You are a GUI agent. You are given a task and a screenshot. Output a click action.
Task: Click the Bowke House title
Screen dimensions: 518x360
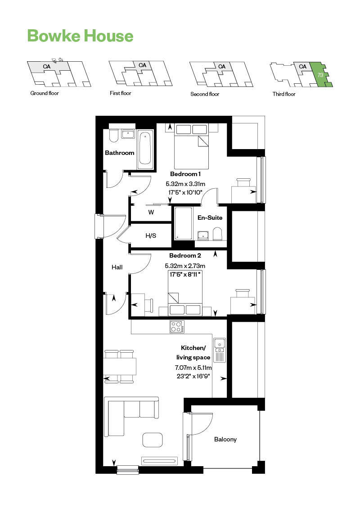(x=80, y=36)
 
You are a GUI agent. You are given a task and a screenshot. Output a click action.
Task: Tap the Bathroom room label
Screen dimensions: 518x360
(x=120, y=153)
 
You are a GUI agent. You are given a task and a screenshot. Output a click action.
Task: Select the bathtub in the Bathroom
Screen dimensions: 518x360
(x=145, y=148)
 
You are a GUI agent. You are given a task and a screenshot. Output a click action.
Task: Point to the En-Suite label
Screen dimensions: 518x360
(x=210, y=218)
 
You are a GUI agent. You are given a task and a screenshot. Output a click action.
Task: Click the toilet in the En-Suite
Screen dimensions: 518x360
(x=217, y=234)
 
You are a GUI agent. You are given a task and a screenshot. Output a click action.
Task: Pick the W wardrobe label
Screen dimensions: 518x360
(x=151, y=212)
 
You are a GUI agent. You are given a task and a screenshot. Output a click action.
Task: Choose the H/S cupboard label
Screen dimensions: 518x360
(x=150, y=236)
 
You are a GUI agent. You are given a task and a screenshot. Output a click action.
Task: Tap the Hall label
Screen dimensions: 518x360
(x=117, y=267)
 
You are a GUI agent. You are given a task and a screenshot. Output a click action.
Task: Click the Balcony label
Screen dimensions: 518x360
(x=225, y=439)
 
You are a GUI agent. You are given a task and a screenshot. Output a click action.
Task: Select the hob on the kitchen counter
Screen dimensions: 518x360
(x=177, y=327)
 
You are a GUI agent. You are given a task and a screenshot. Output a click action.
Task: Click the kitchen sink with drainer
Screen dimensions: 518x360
(x=219, y=350)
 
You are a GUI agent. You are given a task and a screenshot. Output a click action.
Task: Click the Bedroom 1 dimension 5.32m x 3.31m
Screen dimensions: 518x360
(x=185, y=184)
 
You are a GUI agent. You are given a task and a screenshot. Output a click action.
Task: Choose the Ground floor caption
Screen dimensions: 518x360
(x=45, y=93)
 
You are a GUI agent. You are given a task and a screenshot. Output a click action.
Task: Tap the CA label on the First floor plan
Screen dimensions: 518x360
(x=143, y=65)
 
